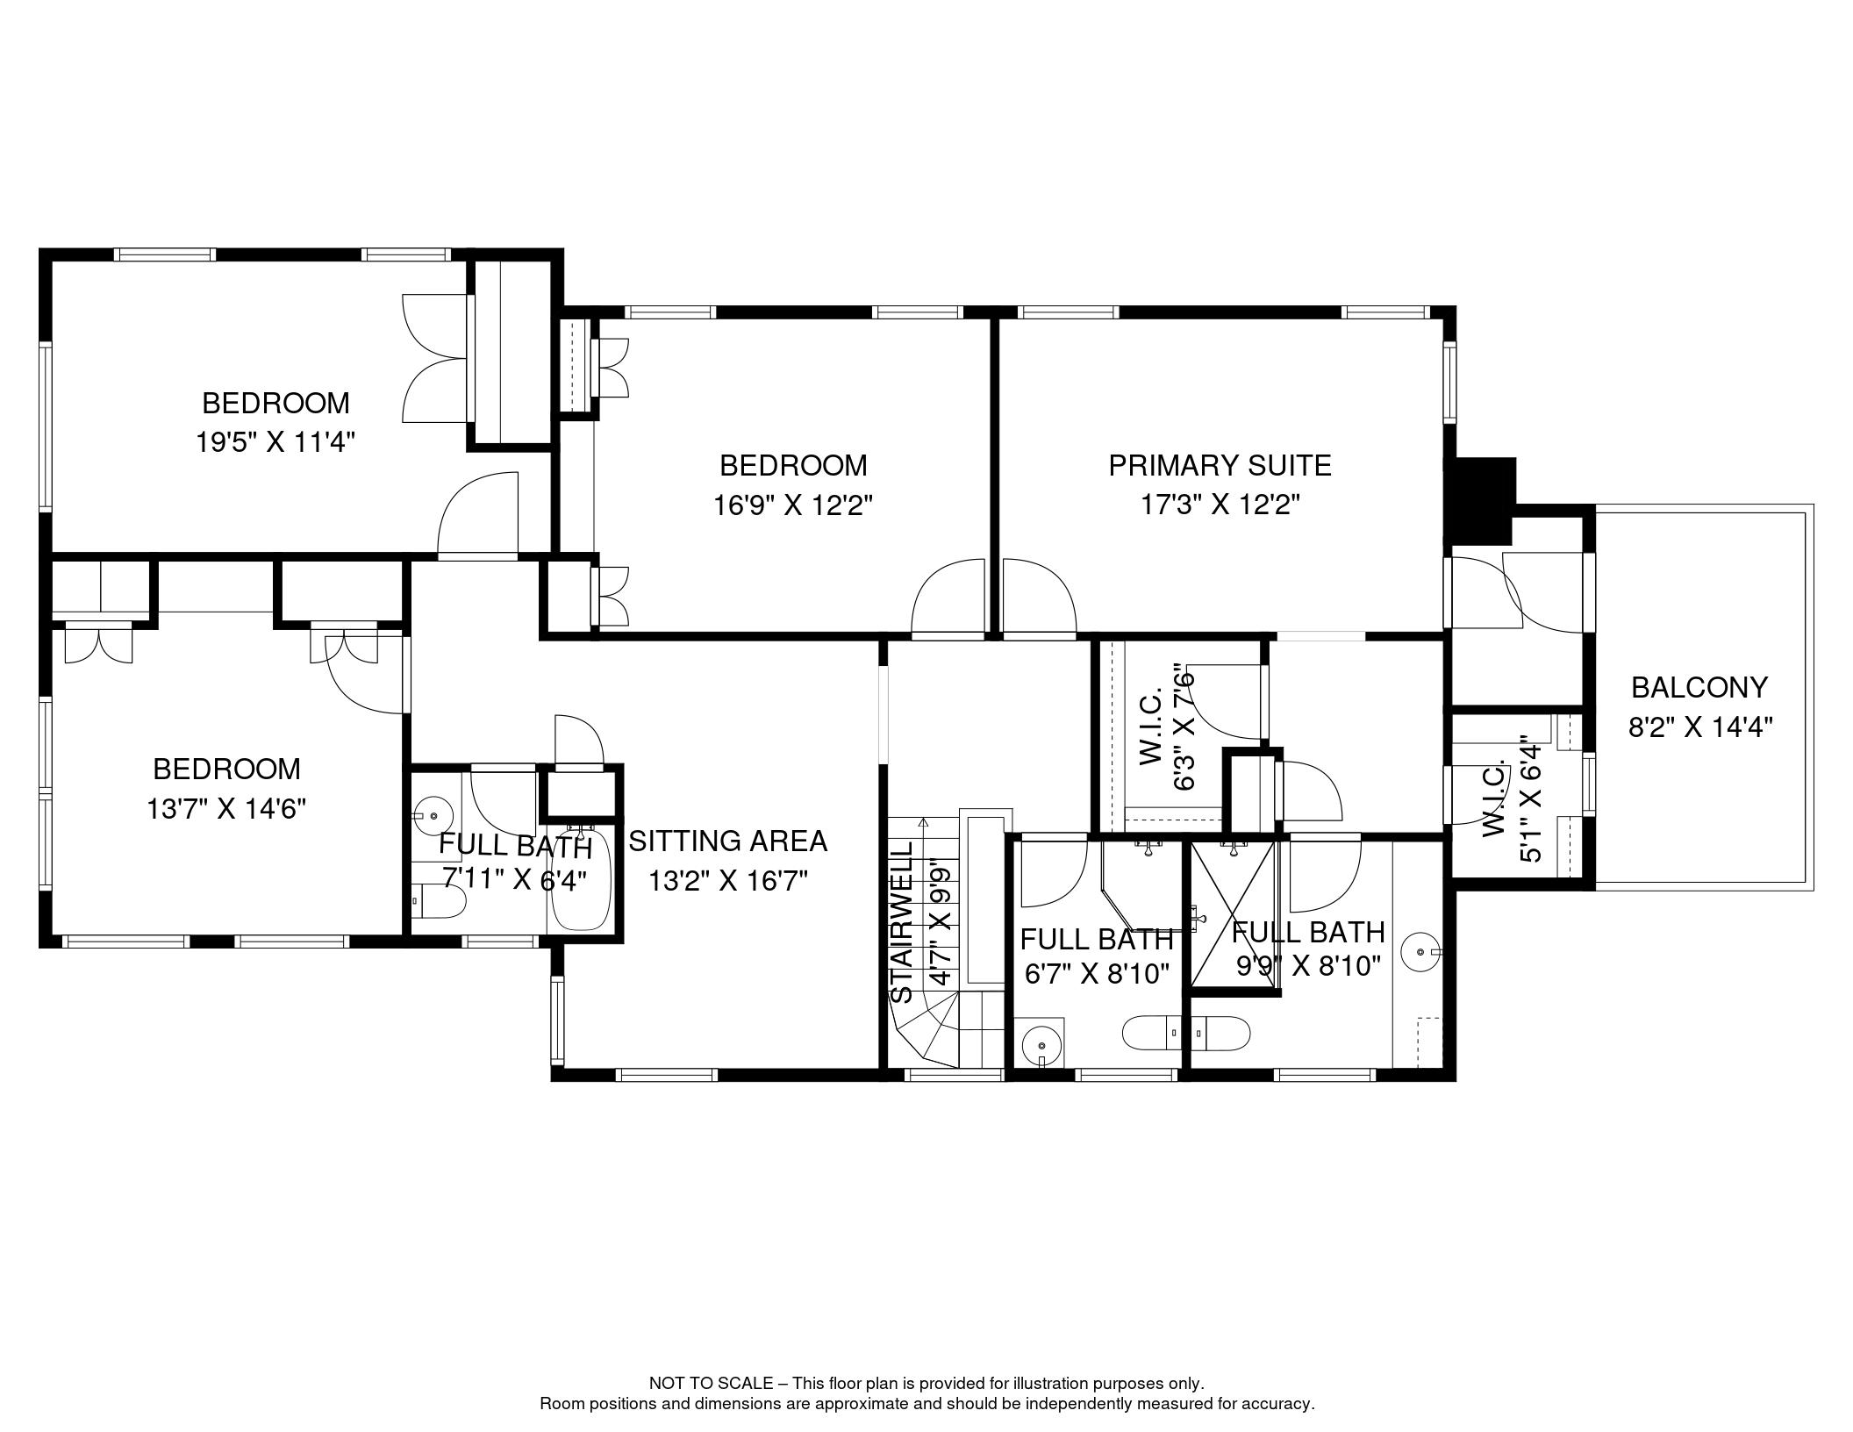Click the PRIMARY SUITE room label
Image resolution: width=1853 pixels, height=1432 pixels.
pyautogui.click(x=1220, y=465)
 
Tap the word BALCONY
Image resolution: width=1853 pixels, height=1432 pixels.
pyautogui.click(x=1699, y=687)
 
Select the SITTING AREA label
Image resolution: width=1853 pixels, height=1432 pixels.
pyautogui.click(x=728, y=841)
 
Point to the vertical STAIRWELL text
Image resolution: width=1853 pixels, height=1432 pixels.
pyautogui.click(x=902, y=921)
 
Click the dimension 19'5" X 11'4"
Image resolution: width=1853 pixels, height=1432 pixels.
pyautogui.click(x=275, y=441)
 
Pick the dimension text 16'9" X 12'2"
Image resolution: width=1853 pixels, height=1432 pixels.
pyautogui.click(x=793, y=505)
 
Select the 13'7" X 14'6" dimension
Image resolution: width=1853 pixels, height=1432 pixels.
pyautogui.click(x=226, y=807)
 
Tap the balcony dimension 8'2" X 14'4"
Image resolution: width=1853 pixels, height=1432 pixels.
pyautogui.click(x=1699, y=727)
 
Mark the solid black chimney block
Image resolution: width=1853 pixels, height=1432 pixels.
pyautogui.click(x=1484, y=501)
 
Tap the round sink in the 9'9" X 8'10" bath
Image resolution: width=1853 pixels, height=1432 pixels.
pyautogui.click(x=1420, y=950)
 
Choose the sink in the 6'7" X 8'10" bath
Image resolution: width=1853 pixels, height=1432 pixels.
pyautogui.click(x=1041, y=1044)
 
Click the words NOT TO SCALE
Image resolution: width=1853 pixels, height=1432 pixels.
pyautogui.click(x=711, y=1383)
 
